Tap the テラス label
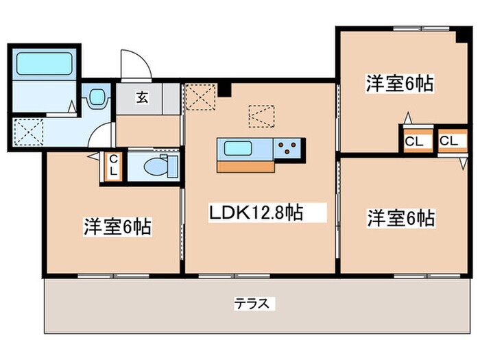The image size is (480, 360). tap(256, 302)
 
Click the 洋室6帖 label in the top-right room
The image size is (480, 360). tap(398, 84)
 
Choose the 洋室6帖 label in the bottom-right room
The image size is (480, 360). tap(400, 218)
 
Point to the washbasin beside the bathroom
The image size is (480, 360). tap(97, 97)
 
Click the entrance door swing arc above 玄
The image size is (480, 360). tap(134, 66)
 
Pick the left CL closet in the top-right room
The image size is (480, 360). tap(413, 142)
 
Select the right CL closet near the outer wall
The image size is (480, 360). tap(449, 142)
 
